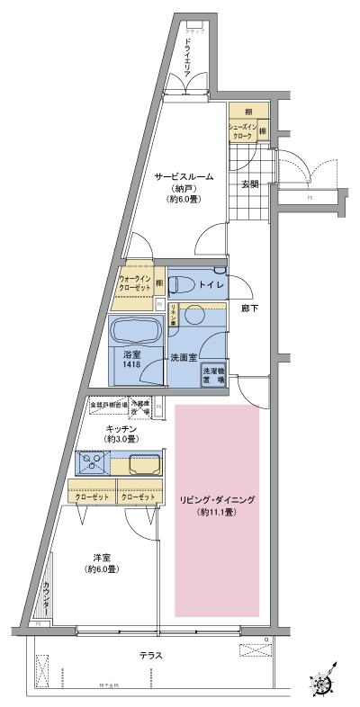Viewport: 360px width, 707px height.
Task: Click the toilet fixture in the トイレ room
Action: (x=183, y=284)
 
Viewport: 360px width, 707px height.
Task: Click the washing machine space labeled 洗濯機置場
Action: (x=212, y=376)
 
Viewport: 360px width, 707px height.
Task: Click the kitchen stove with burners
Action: (x=92, y=463)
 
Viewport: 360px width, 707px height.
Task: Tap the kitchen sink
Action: (x=145, y=464)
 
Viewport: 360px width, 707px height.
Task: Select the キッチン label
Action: (x=121, y=428)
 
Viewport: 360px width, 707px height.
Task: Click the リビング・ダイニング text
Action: (x=218, y=499)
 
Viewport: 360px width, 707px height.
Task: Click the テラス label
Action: (x=151, y=655)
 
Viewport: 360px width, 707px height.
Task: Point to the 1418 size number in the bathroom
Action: (x=131, y=365)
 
